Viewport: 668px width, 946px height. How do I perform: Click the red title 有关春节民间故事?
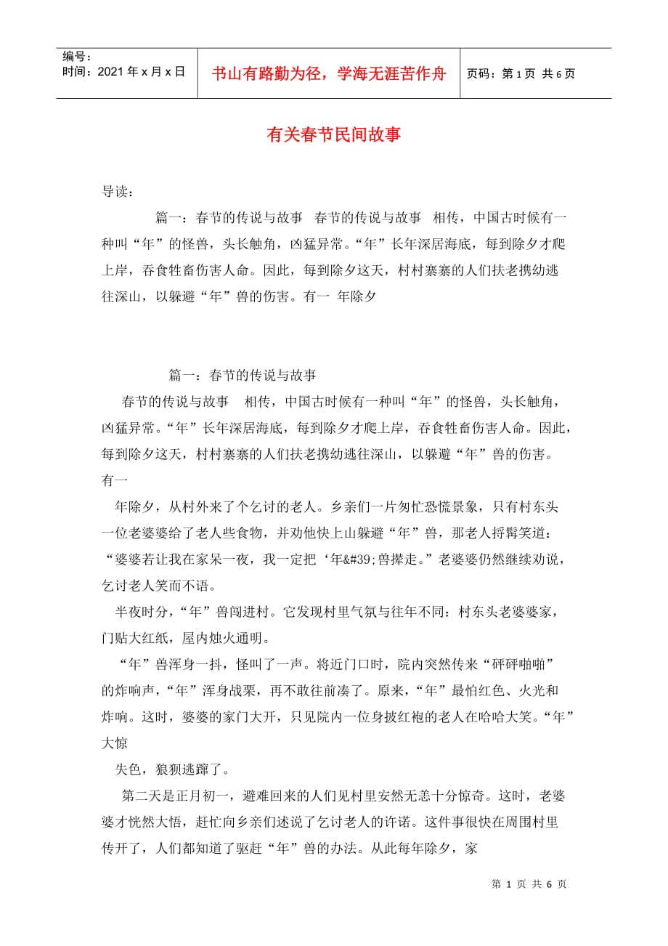[334, 135]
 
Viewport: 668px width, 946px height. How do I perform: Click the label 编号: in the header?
[76, 56]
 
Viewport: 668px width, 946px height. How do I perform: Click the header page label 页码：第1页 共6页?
[520, 73]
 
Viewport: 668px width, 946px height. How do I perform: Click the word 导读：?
[117, 193]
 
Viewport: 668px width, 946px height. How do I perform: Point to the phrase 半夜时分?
[139, 612]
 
